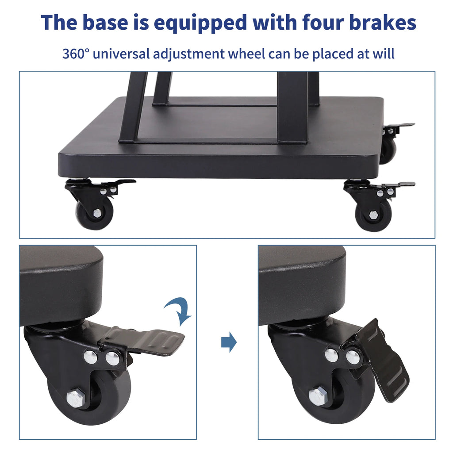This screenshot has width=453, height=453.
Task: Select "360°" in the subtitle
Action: [x=76, y=54]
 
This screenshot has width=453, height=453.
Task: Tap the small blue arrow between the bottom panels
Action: [x=229, y=343]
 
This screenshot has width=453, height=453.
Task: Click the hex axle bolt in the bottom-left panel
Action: [x=76, y=397]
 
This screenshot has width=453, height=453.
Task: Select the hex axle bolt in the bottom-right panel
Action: [x=317, y=395]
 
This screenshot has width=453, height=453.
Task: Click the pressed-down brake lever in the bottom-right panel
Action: [x=382, y=361]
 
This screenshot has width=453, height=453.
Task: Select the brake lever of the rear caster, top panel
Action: [x=400, y=125]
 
